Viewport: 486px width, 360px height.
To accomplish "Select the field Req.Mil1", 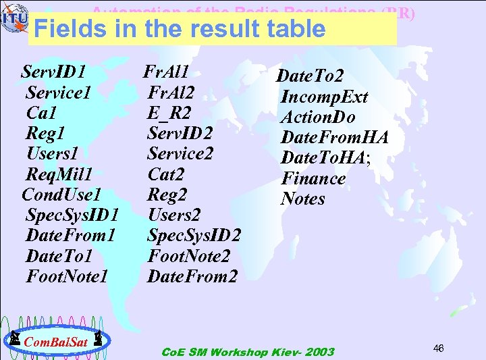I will point(59,174).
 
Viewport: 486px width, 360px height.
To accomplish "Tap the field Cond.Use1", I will point(61,195).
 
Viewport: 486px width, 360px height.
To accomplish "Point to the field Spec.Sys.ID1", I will point(72,215).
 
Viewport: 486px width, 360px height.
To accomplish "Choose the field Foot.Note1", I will point(67,276).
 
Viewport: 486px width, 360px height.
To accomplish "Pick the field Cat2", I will point(166,174).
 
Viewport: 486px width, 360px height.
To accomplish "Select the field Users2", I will point(174,215).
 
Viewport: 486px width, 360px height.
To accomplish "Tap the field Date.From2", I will point(192,276).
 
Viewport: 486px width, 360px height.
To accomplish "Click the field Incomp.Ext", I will point(324,97).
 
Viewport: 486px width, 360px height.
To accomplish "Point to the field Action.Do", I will point(318,118).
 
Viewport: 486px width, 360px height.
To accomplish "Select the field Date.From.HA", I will point(334,138).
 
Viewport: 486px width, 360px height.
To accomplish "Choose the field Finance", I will point(313,179).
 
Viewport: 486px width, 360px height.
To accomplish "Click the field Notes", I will point(303,199).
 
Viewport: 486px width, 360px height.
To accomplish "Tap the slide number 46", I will point(438,349).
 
